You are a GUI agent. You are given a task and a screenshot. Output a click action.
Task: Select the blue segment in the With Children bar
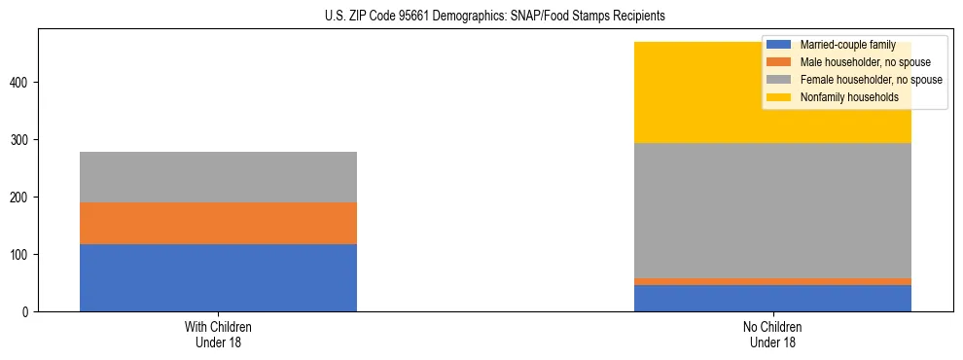point(218,277)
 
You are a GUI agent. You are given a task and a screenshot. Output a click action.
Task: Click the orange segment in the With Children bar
point(218,223)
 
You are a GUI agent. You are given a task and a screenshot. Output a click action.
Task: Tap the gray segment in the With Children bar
point(218,177)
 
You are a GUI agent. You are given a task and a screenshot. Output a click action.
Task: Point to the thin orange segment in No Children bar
point(772,281)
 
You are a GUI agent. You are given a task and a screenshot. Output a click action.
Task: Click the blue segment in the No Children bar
point(772,298)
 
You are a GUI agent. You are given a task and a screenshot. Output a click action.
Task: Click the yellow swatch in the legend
point(779,97)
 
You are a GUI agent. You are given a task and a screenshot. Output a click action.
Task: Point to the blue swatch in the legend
point(779,45)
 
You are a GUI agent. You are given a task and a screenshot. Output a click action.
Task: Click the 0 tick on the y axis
point(28,311)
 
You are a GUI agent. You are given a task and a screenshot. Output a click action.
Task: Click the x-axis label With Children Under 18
point(218,334)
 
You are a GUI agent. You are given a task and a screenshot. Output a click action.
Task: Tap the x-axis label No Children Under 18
point(772,334)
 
